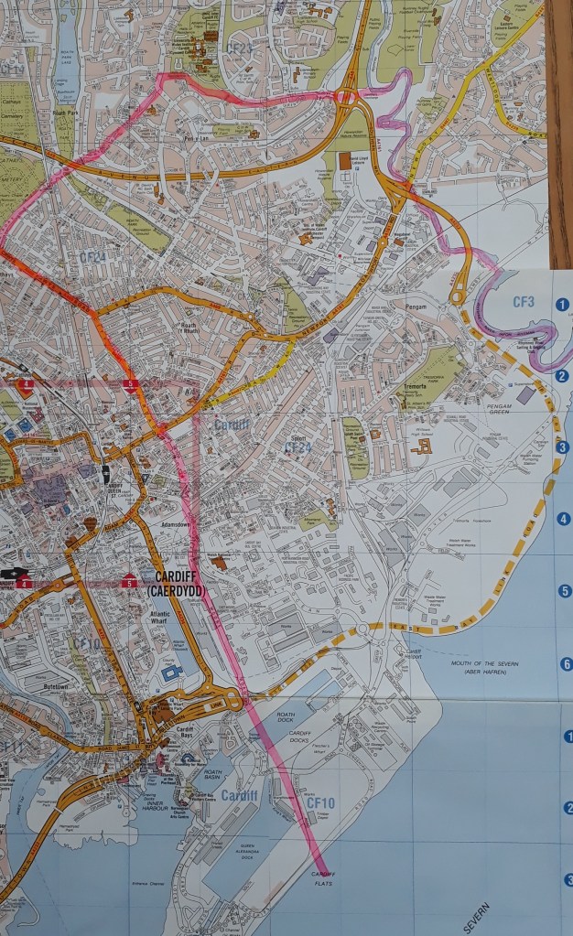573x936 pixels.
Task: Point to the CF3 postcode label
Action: coord(524,300)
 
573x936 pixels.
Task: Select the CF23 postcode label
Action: coord(239,48)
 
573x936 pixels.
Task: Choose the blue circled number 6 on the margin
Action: coord(565,664)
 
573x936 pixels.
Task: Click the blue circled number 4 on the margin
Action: coord(565,519)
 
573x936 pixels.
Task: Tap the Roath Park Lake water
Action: coord(66,55)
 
